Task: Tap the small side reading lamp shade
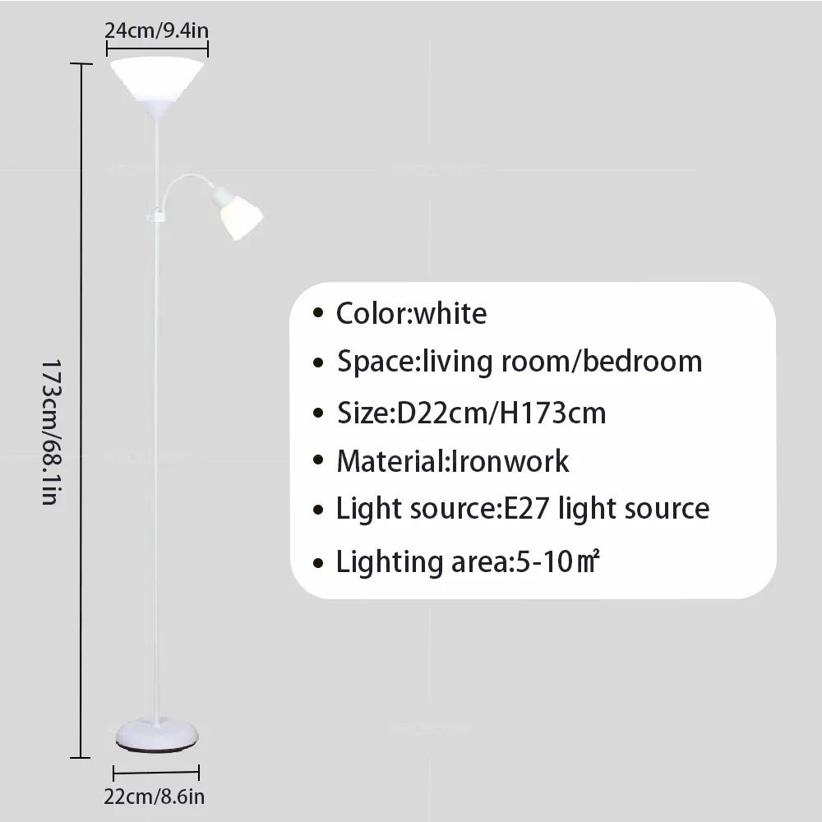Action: (x=240, y=212)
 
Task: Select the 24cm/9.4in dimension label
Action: (x=156, y=31)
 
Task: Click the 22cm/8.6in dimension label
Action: (x=155, y=796)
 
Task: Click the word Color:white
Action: (x=411, y=313)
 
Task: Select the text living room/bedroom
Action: (x=562, y=362)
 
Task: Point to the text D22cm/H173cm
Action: (x=501, y=412)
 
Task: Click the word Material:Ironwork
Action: (x=452, y=461)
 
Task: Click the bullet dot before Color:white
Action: (x=319, y=314)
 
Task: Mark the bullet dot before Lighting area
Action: (x=319, y=563)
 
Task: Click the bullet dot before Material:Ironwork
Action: (x=319, y=462)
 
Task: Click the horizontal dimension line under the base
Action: (x=156, y=772)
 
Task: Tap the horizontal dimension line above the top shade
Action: (x=156, y=50)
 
